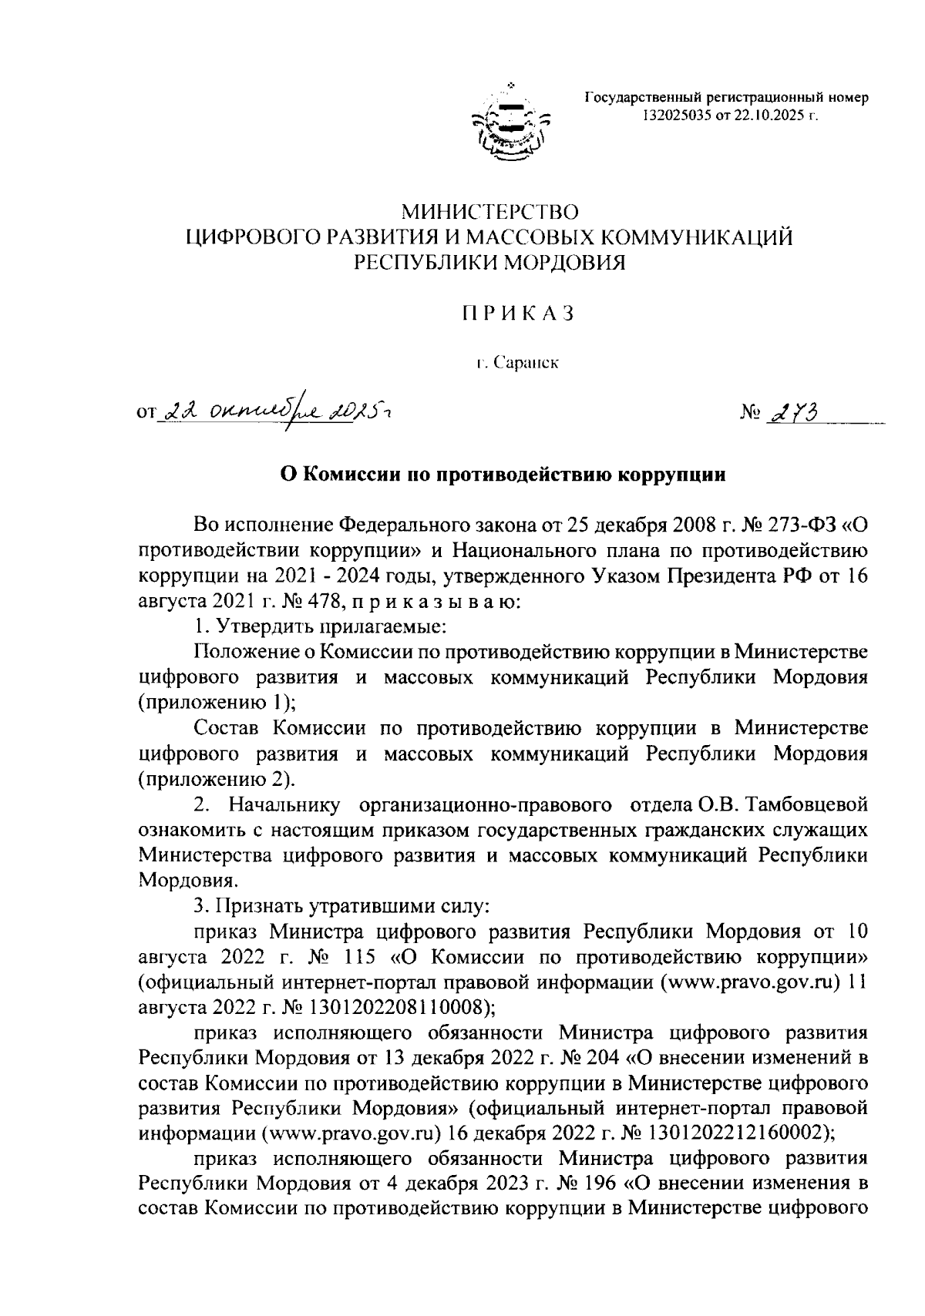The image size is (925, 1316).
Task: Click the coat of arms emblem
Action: click(x=512, y=123)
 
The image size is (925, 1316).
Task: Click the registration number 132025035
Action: click(x=674, y=116)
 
